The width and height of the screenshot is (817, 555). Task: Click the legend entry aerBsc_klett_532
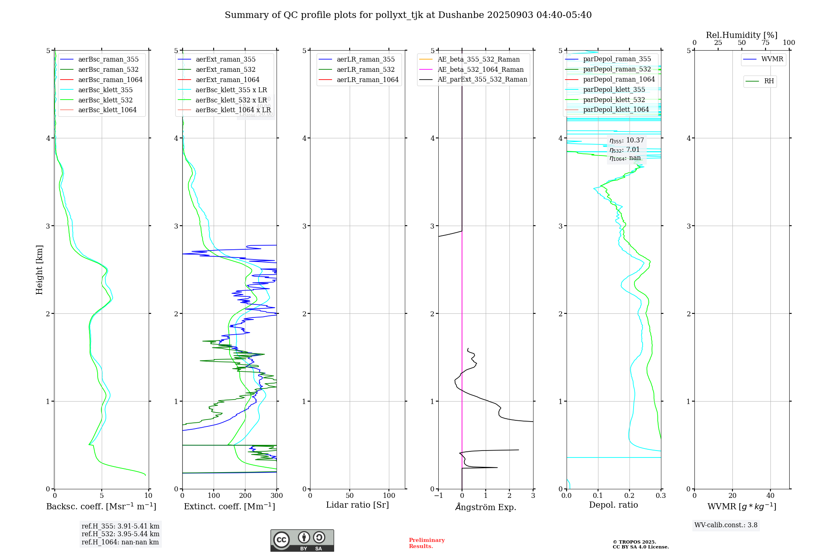tap(105, 100)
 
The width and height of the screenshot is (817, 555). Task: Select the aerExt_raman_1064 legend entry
tap(227, 80)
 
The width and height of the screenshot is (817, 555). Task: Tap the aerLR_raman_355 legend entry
tap(365, 59)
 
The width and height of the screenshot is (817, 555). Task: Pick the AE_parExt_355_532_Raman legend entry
tap(482, 79)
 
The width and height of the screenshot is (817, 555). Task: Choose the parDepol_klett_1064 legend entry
tap(616, 109)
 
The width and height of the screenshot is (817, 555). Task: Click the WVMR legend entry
tap(772, 59)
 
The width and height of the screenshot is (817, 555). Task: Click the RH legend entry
tap(769, 81)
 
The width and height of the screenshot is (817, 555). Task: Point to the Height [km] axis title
tap(39, 270)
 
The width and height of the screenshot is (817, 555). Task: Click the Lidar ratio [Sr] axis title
tap(357, 505)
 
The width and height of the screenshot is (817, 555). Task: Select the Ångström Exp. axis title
tap(486, 507)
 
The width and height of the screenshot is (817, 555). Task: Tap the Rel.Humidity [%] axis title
tap(741, 35)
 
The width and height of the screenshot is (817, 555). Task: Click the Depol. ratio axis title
tap(613, 505)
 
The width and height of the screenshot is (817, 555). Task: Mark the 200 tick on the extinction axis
tap(245, 496)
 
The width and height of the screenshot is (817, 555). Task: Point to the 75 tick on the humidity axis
tap(765, 43)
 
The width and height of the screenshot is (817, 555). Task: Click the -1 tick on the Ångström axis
tap(438, 496)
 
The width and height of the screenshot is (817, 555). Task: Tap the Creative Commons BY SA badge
tap(302, 540)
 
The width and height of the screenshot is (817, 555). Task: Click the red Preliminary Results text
tap(426, 543)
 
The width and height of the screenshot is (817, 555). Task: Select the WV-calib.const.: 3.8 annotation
tap(725, 525)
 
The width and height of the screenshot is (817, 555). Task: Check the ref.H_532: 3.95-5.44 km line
tap(121, 534)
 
